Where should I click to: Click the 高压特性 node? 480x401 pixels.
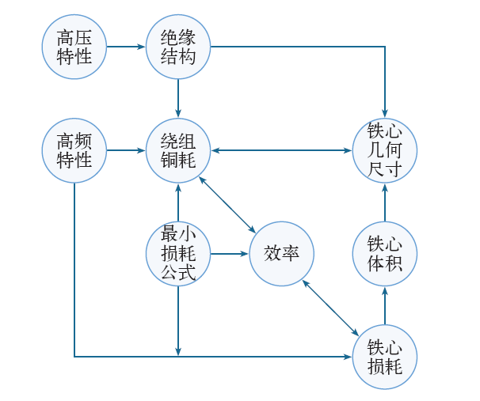point(74,47)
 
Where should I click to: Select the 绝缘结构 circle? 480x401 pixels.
point(178,47)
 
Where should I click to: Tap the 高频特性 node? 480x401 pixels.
point(74,150)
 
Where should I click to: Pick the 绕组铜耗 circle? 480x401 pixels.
point(178,150)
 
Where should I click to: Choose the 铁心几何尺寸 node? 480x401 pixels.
point(385,150)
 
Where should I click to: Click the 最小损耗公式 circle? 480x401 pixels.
point(178,254)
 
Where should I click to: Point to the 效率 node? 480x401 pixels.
point(281,254)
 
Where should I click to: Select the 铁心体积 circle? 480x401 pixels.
point(385,254)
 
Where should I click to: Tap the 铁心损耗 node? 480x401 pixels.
point(385,357)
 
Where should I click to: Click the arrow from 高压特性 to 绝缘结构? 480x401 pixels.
point(126,47)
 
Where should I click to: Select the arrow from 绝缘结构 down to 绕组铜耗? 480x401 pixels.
point(178,98)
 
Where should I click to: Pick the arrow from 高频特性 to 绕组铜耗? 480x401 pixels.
point(126,150)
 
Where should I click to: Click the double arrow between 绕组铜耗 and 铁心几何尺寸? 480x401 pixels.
point(281,150)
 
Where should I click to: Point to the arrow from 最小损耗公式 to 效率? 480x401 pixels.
point(230,254)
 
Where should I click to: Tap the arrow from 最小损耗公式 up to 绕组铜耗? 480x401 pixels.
point(178,202)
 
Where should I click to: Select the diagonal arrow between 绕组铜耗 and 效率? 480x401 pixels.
point(229,202)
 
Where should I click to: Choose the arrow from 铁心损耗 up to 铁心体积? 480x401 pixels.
point(385,306)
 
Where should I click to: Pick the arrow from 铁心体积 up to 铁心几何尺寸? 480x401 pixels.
point(385,202)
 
